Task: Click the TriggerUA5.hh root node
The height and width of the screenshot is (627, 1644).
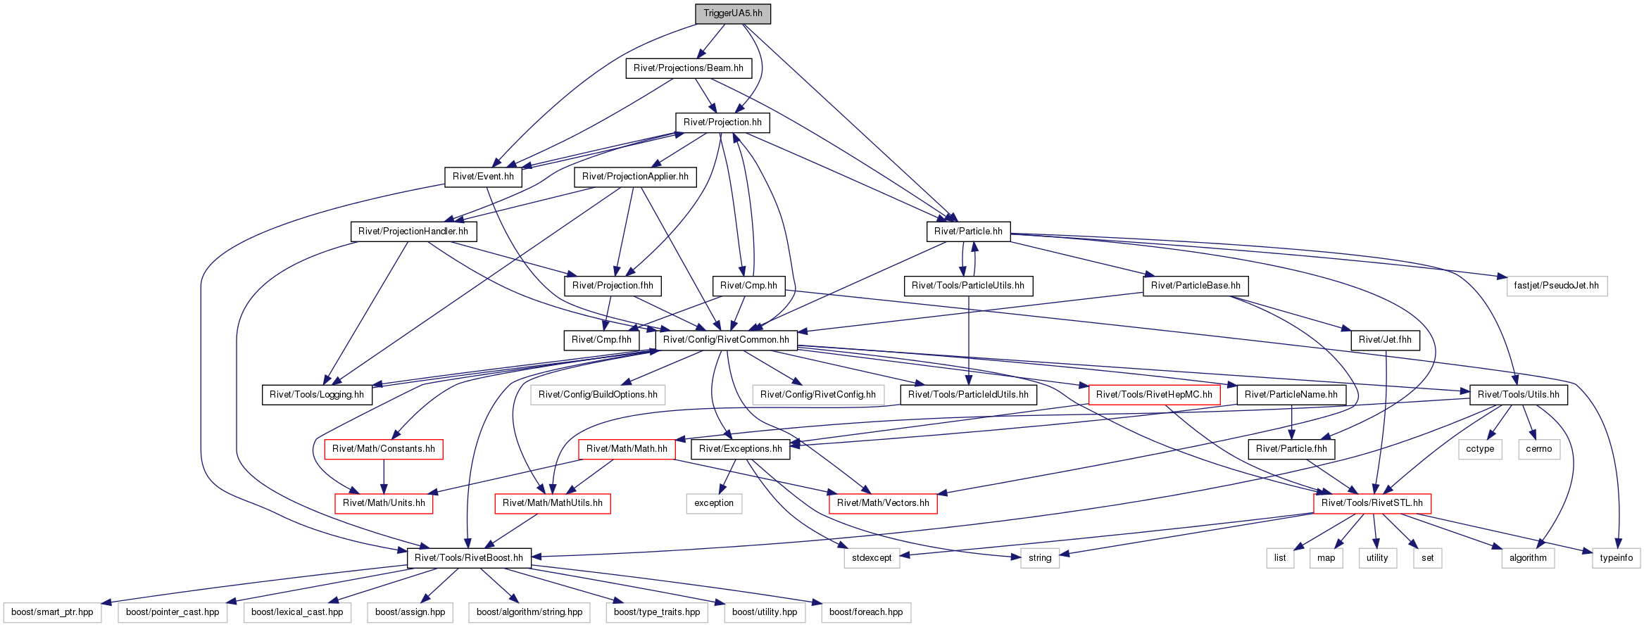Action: [x=732, y=13]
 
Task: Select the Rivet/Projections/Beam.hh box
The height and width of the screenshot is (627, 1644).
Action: [x=688, y=68]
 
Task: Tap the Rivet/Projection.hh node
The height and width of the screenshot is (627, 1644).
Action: [x=722, y=122]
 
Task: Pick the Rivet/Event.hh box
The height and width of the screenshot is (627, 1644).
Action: [x=483, y=177]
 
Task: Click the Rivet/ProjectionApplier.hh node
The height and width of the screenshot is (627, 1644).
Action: [x=635, y=177]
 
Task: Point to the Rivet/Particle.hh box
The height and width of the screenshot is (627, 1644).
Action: [x=968, y=232]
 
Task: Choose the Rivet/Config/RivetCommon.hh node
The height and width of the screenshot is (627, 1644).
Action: [x=726, y=340]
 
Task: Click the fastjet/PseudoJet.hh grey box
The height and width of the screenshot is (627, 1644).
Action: [x=1556, y=286]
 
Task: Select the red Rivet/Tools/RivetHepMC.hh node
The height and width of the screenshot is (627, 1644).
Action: [x=1154, y=395]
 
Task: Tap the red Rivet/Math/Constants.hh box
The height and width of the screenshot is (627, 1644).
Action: [x=384, y=449]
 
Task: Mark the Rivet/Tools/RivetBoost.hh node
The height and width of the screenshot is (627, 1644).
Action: [x=469, y=558]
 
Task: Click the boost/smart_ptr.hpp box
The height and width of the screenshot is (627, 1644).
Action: [x=52, y=612]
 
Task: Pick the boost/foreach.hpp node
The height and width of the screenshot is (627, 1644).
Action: [x=866, y=612]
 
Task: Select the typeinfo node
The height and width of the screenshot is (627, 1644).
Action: [x=1616, y=558]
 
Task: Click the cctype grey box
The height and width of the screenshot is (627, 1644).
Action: [x=1480, y=449]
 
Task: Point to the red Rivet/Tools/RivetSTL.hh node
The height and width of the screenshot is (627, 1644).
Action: [x=1372, y=503]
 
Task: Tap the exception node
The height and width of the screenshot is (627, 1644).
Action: [x=714, y=503]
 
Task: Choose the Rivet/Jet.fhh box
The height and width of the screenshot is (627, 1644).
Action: [x=1385, y=340]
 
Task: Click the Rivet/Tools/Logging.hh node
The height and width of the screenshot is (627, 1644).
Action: [x=317, y=395]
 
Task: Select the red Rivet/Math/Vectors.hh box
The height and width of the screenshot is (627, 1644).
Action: [x=883, y=503]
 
